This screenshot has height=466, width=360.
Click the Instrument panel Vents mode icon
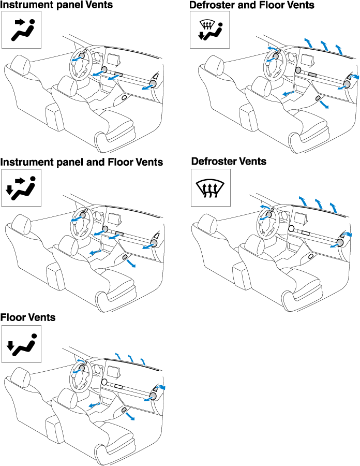click(x=21, y=30)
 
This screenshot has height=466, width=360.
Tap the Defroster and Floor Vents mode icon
click(x=210, y=30)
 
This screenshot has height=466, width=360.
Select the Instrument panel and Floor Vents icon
click(x=21, y=188)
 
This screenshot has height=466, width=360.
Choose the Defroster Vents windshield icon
click(x=211, y=187)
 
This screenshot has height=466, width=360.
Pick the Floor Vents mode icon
click(x=21, y=344)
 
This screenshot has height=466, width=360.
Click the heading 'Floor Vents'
click(x=28, y=317)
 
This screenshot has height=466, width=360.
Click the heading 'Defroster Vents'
click(x=229, y=162)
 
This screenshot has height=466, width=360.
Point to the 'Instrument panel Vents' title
click(x=56, y=5)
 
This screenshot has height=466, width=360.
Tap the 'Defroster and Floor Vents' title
click(x=252, y=5)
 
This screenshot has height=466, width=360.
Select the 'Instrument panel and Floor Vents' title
click(x=82, y=162)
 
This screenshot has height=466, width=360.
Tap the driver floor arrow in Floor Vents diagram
click(x=94, y=405)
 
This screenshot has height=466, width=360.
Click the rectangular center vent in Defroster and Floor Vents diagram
click(x=312, y=75)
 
